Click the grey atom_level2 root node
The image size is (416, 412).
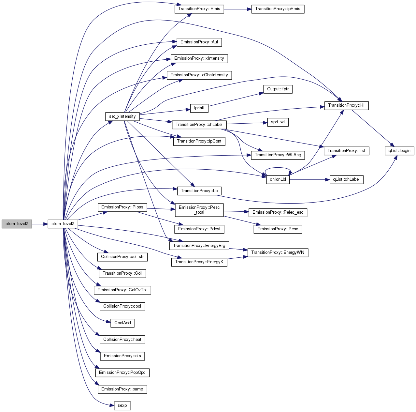(17, 224)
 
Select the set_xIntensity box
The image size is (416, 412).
(122, 116)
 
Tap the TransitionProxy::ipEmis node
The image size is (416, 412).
(278, 9)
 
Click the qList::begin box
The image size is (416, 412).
(399, 150)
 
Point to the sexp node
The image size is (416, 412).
(122, 405)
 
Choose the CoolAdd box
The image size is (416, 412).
(122, 323)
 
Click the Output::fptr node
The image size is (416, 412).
(278, 89)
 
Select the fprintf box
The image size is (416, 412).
(199, 108)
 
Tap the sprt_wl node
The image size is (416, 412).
(278, 122)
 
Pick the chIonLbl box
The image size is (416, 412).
(278, 179)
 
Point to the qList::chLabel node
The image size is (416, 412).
(346, 179)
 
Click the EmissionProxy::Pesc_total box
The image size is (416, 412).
(199, 210)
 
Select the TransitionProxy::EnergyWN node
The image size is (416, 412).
(278, 252)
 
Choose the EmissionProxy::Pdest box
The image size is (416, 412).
(199, 229)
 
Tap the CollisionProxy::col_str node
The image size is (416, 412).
(122, 257)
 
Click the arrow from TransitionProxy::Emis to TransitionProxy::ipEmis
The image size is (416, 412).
(238, 9)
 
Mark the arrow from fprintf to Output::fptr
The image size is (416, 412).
(236, 99)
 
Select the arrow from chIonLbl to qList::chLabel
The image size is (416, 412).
(309, 179)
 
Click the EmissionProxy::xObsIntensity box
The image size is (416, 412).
(199, 75)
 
